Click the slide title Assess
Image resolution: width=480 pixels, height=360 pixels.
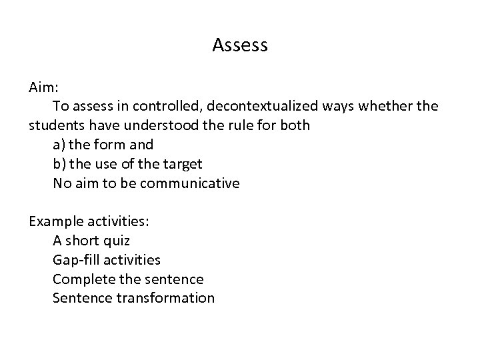pyautogui.click(x=240, y=45)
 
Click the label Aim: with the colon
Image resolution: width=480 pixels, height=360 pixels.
pyautogui.click(x=44, y=87)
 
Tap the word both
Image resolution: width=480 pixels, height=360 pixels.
pyautogui.click(x=293, y=125)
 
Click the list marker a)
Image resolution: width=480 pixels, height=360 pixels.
pyautogui.click(x=60, y=145)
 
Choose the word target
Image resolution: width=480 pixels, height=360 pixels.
pyautogui.click(x=182, y=164)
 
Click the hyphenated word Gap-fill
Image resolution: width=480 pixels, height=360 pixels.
pyautogui.click(x=76, y=260)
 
